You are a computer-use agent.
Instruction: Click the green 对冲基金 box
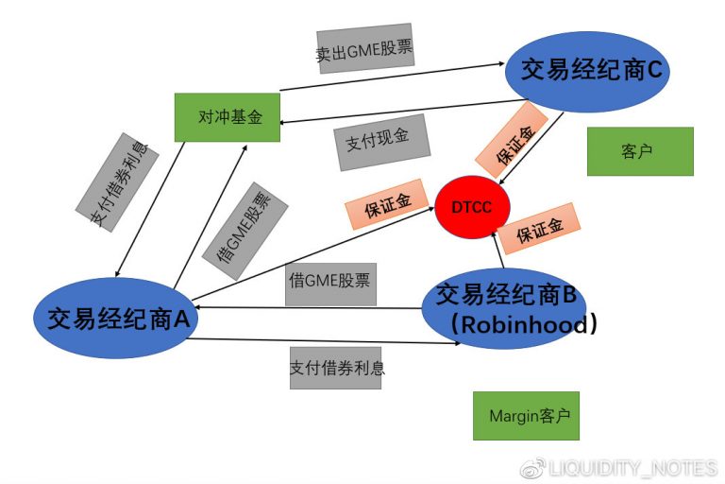point(228,117)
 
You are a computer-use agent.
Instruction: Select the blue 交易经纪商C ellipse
point(587,72)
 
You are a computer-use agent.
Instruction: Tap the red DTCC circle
point(472,207)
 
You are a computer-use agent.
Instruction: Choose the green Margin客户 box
point(526,416)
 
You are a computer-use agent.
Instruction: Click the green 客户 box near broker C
point(639,151)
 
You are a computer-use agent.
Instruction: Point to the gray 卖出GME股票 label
point(363,49)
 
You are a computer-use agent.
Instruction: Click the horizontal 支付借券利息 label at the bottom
point(335,366)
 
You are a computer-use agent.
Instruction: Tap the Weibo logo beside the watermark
point(533,468)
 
